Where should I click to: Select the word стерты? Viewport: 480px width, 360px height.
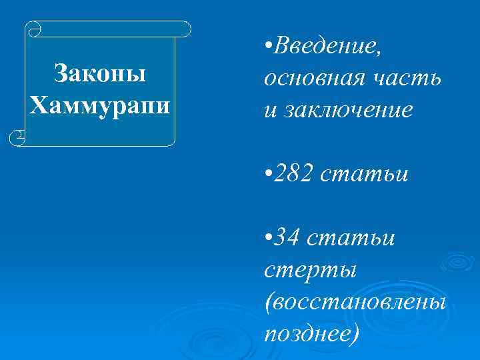(311, 270)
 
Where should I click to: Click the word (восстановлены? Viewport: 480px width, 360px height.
(355, 301)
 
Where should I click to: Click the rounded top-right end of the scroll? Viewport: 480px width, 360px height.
(186, 29)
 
